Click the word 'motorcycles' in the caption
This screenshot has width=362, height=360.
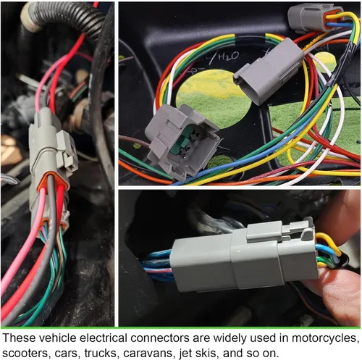[x=324, y=338]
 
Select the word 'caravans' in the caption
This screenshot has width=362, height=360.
[x=148, y=353]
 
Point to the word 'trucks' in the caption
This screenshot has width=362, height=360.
[x=101, y=353]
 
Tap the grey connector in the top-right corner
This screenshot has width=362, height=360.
[x=313, y=19]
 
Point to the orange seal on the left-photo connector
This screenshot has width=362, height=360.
[x=52, y=181]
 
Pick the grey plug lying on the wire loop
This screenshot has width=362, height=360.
[x=268, y=71]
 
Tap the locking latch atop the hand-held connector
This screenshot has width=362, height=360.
[x=280, y=233]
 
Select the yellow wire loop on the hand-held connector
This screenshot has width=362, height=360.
[x=328, y=244]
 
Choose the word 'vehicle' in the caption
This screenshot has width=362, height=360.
[x=57, y=338]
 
